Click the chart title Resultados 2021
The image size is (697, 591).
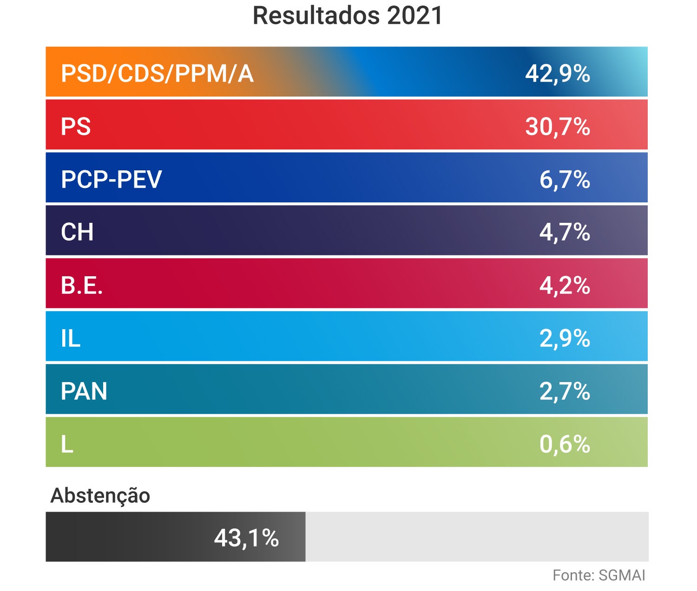tap(348, 16)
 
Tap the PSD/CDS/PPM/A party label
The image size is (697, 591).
tap(157, 73)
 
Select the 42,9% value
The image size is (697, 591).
tap(557, 73)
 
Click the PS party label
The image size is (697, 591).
tap(76, 126)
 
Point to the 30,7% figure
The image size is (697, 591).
tap(557, 126)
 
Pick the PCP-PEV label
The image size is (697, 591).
tap(112, 179)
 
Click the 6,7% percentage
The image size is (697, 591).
tap(564, 179)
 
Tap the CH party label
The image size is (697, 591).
tap(77, 232)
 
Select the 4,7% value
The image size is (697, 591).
tap(564, 232)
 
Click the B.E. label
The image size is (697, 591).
tap(81, 285)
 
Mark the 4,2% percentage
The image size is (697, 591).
tap(564, 285)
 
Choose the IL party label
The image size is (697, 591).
tap(71, 338)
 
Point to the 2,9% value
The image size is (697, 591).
tap(564, 338)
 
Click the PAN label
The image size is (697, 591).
tap(84, 391)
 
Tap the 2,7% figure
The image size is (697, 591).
tap(564, 391)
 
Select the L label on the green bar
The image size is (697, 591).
tap(67, 444)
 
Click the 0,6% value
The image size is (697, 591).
tap(564, 444)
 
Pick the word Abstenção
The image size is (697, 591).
tap(100, 495)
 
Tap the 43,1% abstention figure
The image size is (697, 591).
tap(246, 538)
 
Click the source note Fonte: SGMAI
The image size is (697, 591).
tap(598, 575)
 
